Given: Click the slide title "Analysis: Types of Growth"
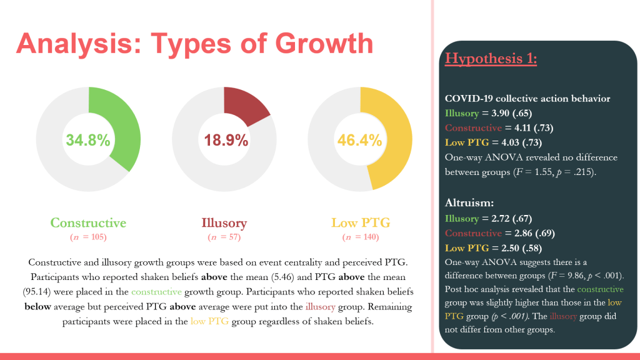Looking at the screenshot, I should (x=194, y=44).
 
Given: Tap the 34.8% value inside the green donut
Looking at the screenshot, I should (x=89, y=139).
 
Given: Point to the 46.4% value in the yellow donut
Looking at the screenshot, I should (x=359, y=139).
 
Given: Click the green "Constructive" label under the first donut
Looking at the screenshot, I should (x=88, y=223).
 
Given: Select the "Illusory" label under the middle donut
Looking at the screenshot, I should (x=224, y=223).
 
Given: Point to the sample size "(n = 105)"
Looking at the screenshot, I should (x=88, y=237).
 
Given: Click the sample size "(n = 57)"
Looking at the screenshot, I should (x=224, y=237).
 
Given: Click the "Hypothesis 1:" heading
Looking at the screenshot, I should (x=491, y=59).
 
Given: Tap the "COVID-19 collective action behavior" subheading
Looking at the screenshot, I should (x=527, y=99).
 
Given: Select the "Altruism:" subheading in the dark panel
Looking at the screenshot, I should (x=469, y=203).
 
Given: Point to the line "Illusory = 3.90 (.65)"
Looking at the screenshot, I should (x=489, y=113).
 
